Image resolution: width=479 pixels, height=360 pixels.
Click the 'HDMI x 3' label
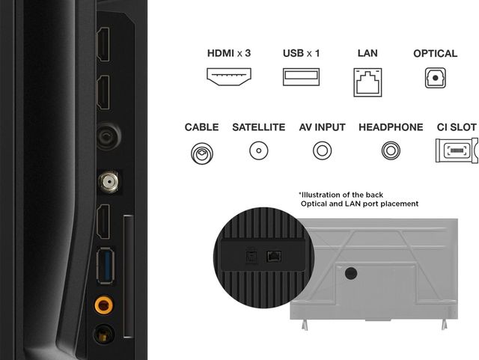pyautogui.click(x=228, y=53)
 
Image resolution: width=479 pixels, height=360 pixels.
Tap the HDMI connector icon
pyautogui.click(x=228, y=76)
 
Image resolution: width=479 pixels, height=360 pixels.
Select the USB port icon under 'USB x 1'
pyautogui.click(x=302, y=76)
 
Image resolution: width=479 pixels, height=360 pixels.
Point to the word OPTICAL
pyautogui.click(x=435, y=53)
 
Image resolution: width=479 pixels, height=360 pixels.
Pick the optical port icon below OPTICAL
pyautogui.click(x=435, y=78)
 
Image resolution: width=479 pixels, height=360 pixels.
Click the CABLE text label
pyautogui.click(x=201, y=127)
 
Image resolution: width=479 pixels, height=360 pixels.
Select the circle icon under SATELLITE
pyautogui.click(x=258, y=151)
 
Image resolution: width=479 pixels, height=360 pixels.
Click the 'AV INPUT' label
pyautogui.click(x=322, y=127)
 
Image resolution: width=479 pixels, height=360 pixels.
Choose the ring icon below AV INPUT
pyautogui.click(x=322, y=151)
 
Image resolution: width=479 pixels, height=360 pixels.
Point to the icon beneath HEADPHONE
pyautogui.click(x=391, y=151)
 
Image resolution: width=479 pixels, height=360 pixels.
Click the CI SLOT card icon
pyautogui.click(x=456, y=151)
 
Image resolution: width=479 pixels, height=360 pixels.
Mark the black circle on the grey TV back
pyautogui.click(x=349, y=273)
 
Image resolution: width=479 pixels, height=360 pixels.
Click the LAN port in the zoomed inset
pyautogui.click(x=274, y=255)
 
